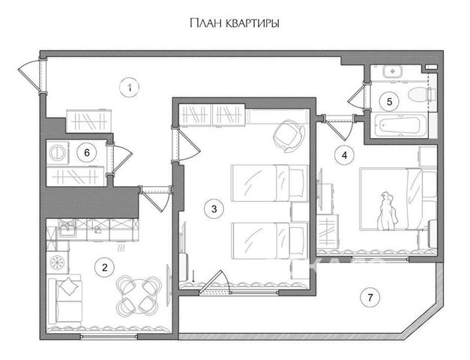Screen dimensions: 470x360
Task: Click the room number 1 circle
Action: pyautogui.click(x=129, y=88)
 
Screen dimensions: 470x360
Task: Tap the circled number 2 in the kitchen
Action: pyautogui.click(x=104, y=267)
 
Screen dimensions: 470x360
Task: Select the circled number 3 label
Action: pyautogui.click(x=214, y=208)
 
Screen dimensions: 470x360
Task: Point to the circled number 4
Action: pyautogui.click(x=344, y=155)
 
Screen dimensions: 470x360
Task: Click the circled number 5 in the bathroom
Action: pyautogui.click(x=389, y=102)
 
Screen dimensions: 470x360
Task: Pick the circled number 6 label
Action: pyautogui.click(x=87, y=153)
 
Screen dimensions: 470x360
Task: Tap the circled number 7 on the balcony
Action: pyautogui.click(x=370, y=297)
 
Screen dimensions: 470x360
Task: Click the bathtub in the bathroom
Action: pyautogui.click(x=399, y=126)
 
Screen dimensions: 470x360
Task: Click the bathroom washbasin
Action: pyautogui.click(x=392, y=71)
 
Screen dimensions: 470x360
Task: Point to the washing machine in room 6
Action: pyautogui.click(x=57, y=153)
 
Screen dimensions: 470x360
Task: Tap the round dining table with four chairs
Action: pyautogui.click(x=139, y=296)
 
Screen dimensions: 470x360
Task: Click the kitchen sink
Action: pyautogui.click(x=67, y=228)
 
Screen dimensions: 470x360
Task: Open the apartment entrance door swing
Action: pyautogui.click(x=29, y=75)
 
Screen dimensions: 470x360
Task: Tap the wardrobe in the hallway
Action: pyautogui.click(x=89, y=121)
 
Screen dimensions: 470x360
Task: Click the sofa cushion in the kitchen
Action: pyautogui.click(x=69, y=286)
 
